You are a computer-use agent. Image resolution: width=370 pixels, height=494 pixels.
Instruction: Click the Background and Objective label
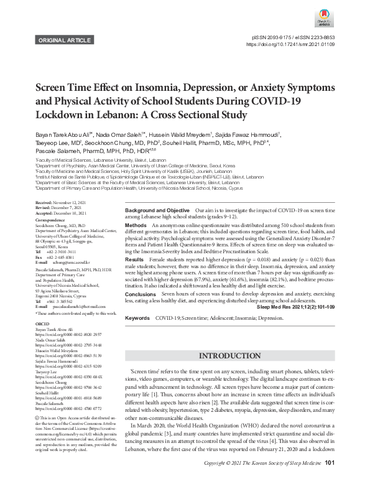(157, 212)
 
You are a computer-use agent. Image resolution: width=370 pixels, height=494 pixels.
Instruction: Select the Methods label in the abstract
(136, 224)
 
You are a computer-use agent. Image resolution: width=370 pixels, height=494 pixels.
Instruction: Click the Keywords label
(137, 318)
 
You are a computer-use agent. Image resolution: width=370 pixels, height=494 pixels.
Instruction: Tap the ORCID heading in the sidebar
(42, 342)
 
